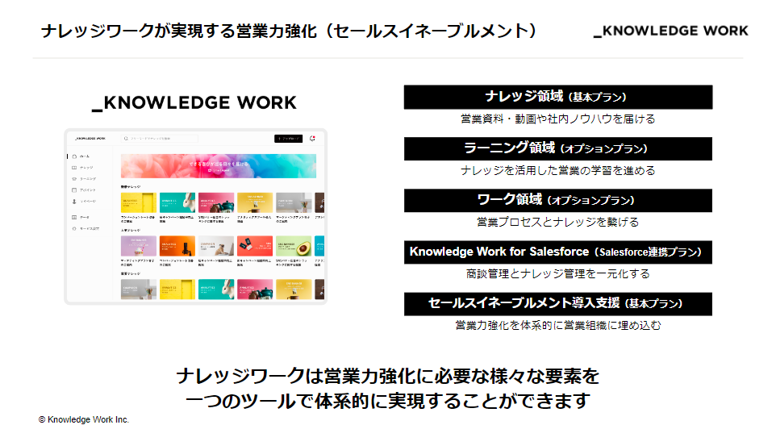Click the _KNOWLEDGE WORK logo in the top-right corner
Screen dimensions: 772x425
(670, 31)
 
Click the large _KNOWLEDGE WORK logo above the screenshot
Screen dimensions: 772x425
(194, 103)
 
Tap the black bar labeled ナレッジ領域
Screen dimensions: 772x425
(557, 97)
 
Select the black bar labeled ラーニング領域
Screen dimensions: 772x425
(557, 148)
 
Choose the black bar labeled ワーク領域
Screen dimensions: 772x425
(557, 200)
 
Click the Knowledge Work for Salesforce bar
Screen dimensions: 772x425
(557, 252)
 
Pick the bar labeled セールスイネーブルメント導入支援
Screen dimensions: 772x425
(557, 303)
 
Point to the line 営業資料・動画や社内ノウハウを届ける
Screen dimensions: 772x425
(557, 119)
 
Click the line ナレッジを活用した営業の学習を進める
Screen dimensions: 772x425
(557, 170)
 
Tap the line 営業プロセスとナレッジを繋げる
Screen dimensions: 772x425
(557, 222)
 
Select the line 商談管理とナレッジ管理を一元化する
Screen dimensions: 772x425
(557, 273)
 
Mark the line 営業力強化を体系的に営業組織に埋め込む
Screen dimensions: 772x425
(557, 325)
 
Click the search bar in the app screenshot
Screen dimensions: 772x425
(194, 139)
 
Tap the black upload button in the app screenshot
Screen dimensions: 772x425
(288, 139)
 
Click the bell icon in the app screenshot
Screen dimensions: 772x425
(312, 139)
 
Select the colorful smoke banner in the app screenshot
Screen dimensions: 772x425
(218, 165)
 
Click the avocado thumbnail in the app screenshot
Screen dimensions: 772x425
(293, 246)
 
